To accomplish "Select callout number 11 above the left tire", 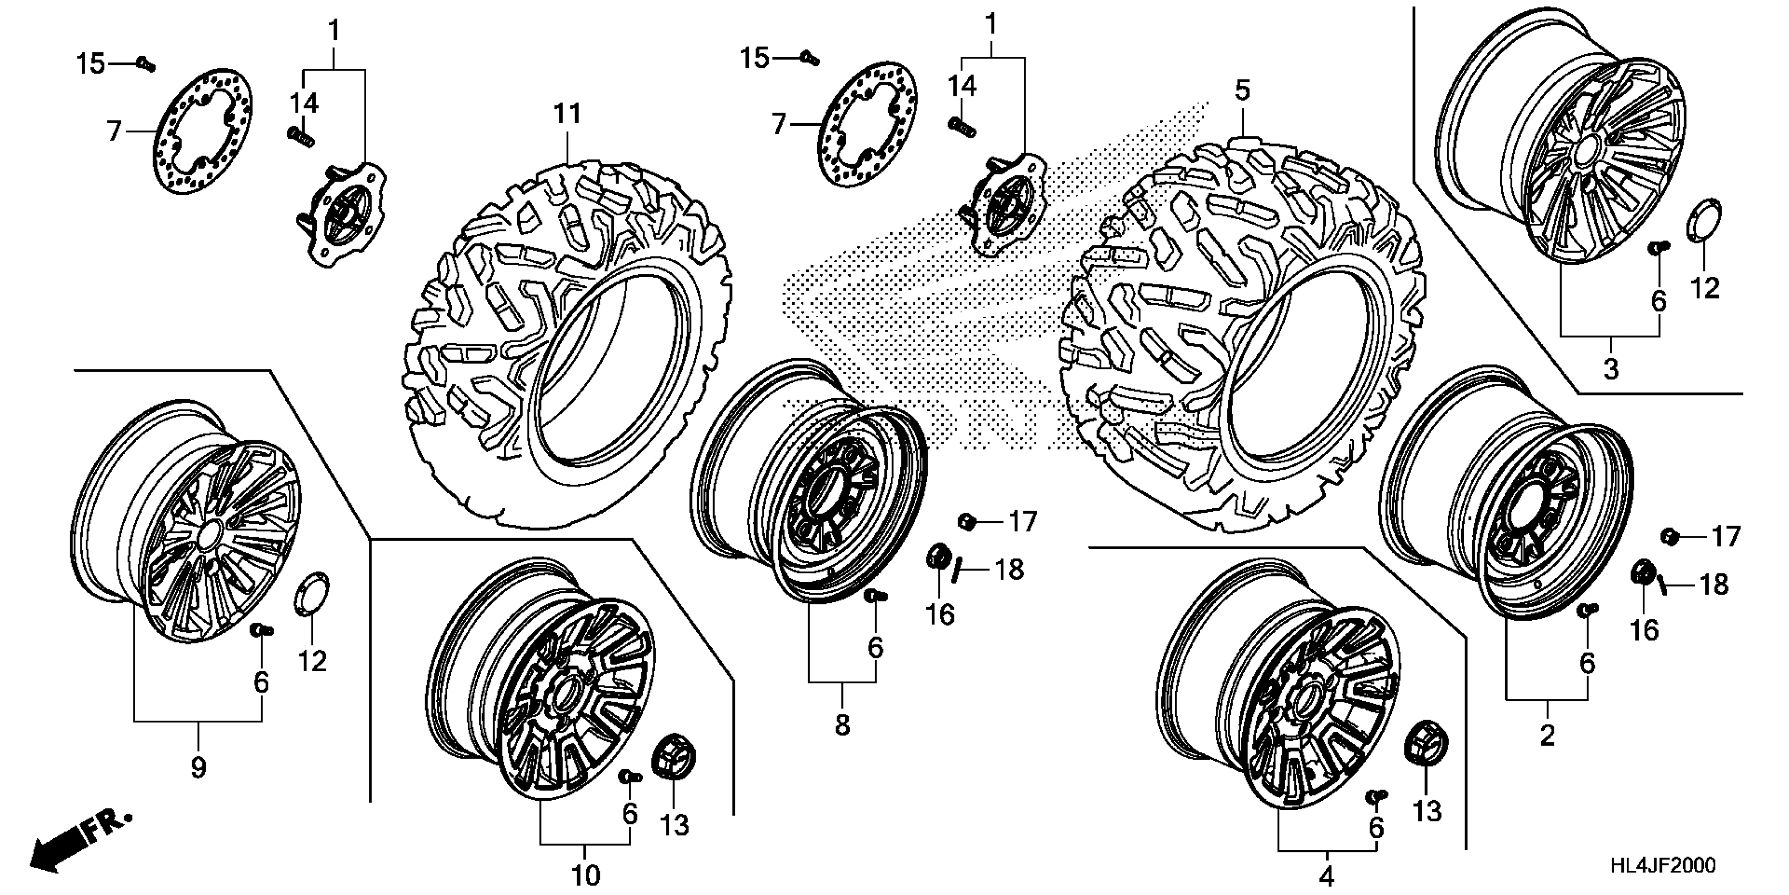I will click(x=567, y=114).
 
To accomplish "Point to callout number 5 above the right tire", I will click(x=1242, y=91).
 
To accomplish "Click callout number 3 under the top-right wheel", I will click(x=1611, y=369).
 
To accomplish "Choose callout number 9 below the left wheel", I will click(x=198, y=768).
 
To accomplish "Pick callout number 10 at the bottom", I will click(x=586, y=875).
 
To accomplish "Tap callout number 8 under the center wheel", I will click(x=842, y=725).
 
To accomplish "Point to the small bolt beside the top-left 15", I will click(x=145, y=64).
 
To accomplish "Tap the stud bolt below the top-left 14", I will click(x=301, y=136).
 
